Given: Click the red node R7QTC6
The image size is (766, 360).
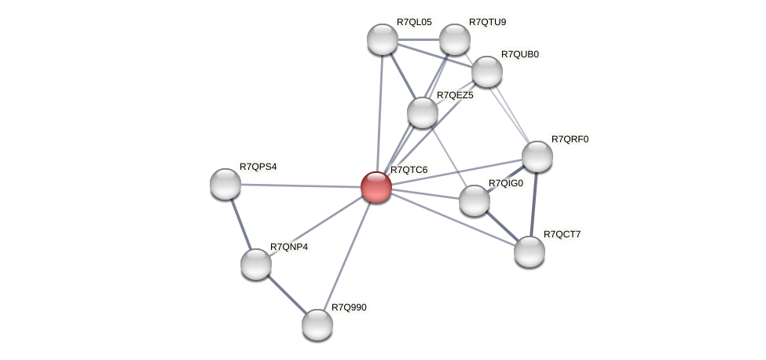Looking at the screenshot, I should [376, 187].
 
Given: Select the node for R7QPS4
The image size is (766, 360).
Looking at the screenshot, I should [225, 183].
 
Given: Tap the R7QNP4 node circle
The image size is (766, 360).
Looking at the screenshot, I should [255, 263].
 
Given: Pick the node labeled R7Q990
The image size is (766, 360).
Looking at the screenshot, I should [317, 324].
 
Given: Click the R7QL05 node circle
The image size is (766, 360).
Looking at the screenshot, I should [383, 39].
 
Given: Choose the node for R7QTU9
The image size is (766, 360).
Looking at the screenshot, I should [454, 39].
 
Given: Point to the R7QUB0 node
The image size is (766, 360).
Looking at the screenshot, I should [487, 72].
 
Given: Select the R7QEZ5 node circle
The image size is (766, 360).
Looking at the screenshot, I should [423, 112].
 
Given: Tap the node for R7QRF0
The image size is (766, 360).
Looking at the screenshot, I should [537, 156].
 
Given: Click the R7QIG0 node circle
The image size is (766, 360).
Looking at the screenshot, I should [474, 200].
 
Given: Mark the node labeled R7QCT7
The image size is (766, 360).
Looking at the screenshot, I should [530, 251].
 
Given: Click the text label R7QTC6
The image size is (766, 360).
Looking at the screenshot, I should [409, 170].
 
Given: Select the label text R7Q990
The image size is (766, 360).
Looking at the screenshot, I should [349, 307].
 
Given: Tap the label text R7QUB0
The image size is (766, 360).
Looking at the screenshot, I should [520, 54].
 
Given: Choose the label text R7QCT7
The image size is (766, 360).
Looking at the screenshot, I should [563, 234].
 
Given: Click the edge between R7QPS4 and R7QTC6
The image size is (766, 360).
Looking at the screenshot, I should [299, 186].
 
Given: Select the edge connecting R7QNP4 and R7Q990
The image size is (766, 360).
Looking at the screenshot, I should [286, 293].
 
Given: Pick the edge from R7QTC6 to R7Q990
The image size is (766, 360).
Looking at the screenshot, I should [346, 255].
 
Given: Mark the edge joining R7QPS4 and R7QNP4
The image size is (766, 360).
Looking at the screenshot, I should [240, 223].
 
